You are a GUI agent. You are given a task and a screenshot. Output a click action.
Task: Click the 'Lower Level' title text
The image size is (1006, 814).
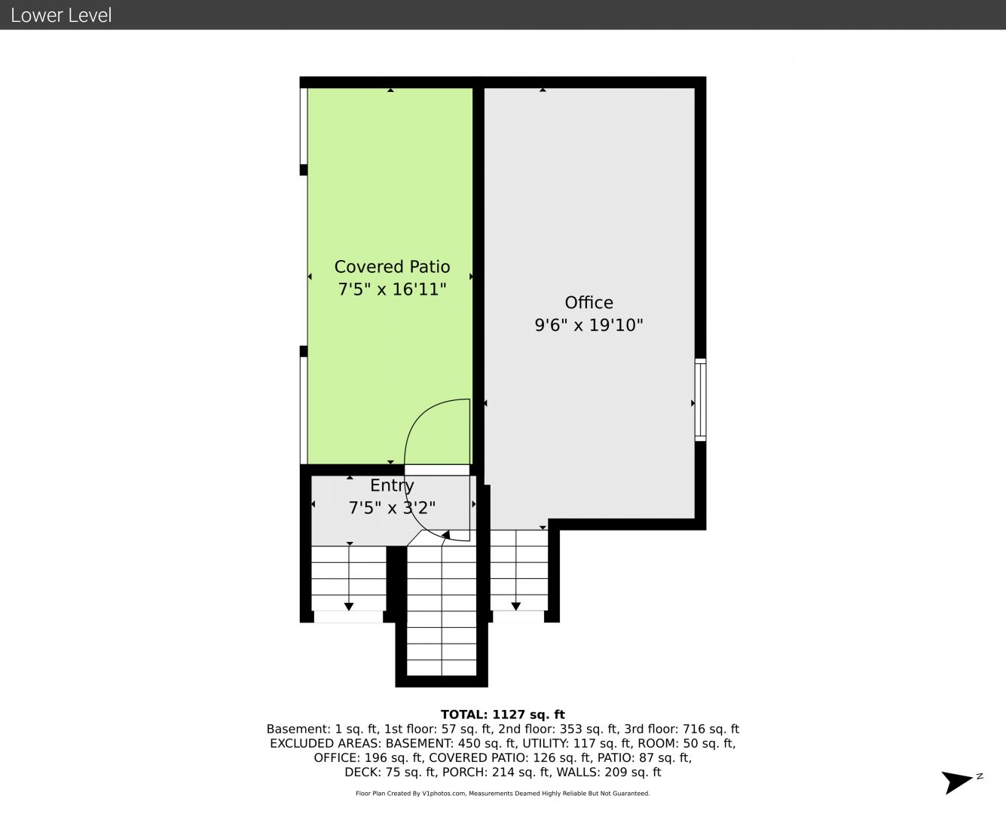click(x=61, y=15)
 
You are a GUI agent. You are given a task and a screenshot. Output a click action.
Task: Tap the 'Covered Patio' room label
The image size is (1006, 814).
click(x=392, y=267)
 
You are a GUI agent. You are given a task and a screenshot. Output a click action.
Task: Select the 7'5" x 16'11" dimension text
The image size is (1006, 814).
click(x=392, y=289)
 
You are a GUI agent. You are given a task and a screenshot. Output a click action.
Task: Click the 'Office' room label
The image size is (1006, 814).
click(x=589, y=302)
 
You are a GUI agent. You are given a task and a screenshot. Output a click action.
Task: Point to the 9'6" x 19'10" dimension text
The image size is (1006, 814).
click(x=589, y=325)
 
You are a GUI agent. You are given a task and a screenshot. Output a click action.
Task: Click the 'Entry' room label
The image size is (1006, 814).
click(x=392, y=485)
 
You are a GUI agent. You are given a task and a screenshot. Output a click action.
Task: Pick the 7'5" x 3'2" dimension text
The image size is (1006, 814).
click(x=392, y=508)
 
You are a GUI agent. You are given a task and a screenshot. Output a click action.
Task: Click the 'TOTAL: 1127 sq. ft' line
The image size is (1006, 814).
click(x=503, y=715)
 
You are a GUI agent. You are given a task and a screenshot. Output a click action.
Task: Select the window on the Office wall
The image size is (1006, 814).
click(x=700, y=399)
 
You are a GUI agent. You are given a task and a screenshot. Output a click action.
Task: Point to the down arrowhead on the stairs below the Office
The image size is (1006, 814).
click(x=515, y=606)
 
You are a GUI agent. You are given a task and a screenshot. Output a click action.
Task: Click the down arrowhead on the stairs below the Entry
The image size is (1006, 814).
click(x=349, y=607)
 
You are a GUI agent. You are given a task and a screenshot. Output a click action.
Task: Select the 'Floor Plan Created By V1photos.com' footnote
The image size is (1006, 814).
click(x=411, y=794)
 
